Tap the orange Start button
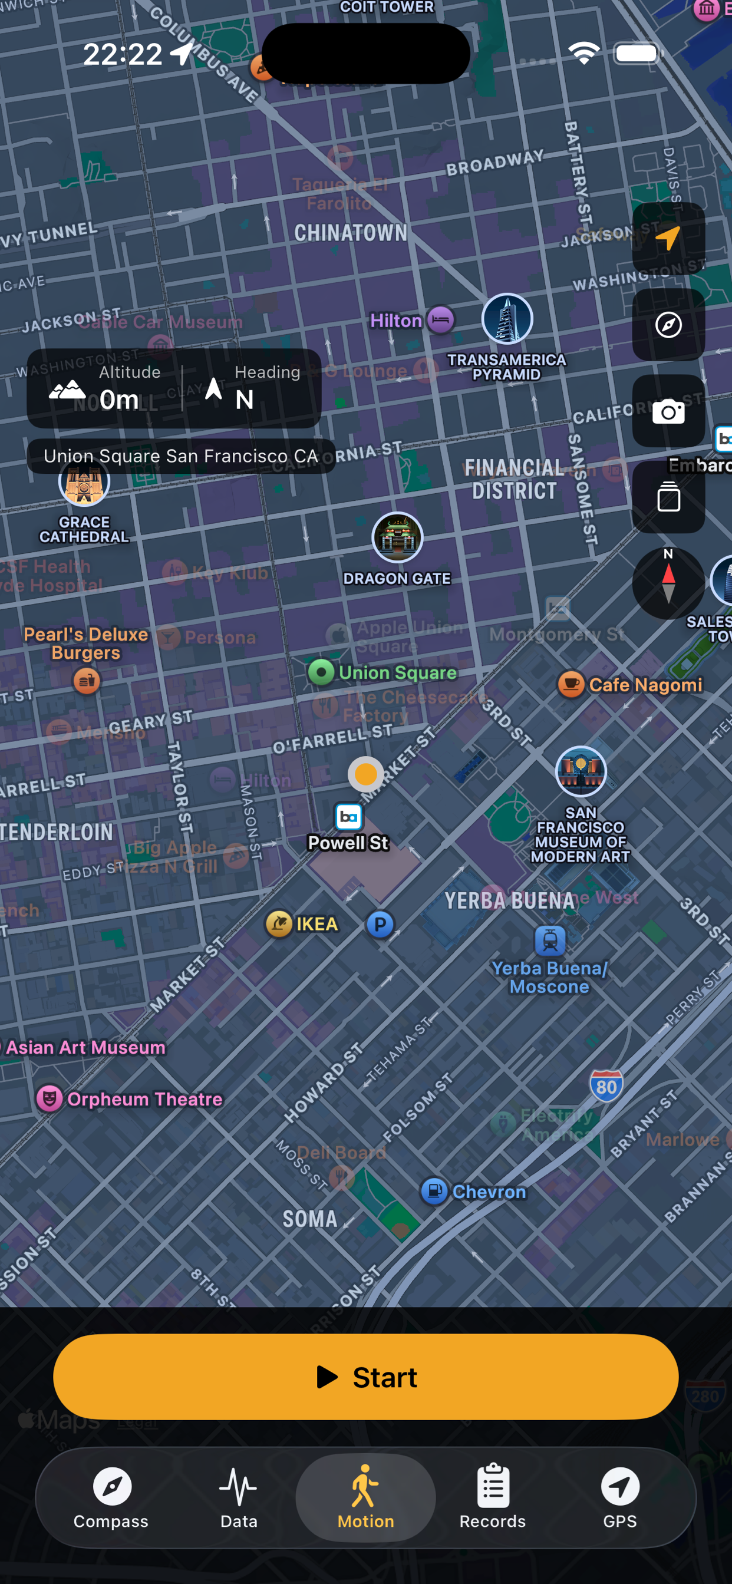click(365, 1377)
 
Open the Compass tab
click(111, 1497)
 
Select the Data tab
click(239, 1497)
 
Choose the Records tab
click(492, 1497)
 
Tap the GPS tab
click(619, 1497)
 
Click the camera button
click(668, 411)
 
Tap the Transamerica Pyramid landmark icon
click(507, 319)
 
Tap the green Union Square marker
click(321, 672)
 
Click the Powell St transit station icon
click(348, 817)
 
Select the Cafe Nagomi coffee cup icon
click(571, 684)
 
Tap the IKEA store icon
click(279, 923)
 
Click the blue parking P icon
click(380, 924)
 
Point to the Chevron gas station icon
click(434, 1191)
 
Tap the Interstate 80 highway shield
click(606, 1087)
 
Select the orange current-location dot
click(366, 774)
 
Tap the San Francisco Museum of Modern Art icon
click(581, 772)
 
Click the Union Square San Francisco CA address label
click(181, 456)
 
